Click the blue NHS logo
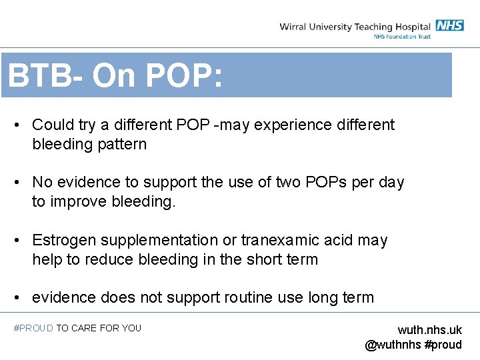click(x=450, y=25)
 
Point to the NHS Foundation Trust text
click(x=402, y=37)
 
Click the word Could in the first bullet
click(x=50, y=125)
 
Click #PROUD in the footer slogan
click(x=33, y=328)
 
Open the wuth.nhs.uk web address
click(x=429, y=331)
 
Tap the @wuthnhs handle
click(x=393, y=345)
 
